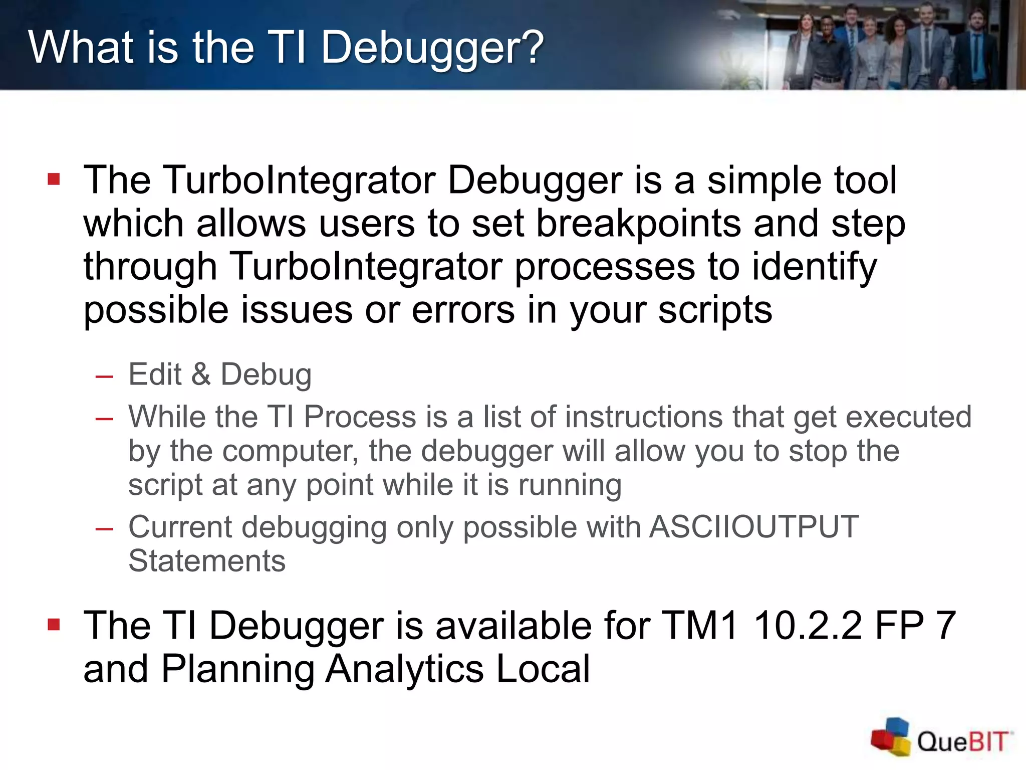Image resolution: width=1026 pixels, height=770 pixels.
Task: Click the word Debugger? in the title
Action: [432, 48]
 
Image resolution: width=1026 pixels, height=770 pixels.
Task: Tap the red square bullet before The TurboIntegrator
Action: [54, 179]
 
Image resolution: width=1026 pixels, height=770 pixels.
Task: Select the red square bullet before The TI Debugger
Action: [54, 624]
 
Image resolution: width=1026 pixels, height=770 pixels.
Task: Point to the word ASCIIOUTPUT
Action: [753, 527]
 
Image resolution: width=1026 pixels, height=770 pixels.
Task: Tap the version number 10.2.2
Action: [808, 626]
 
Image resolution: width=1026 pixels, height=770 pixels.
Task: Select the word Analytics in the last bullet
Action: [405, 669]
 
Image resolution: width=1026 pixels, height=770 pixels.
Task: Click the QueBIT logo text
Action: [962, 741]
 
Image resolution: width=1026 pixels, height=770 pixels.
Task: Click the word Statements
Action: [206, 561]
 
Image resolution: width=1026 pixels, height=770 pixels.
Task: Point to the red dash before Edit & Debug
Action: [104, 376]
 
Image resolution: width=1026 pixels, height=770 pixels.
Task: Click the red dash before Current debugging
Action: [104, 529]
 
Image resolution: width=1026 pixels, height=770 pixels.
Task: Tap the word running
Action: [570, 486]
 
